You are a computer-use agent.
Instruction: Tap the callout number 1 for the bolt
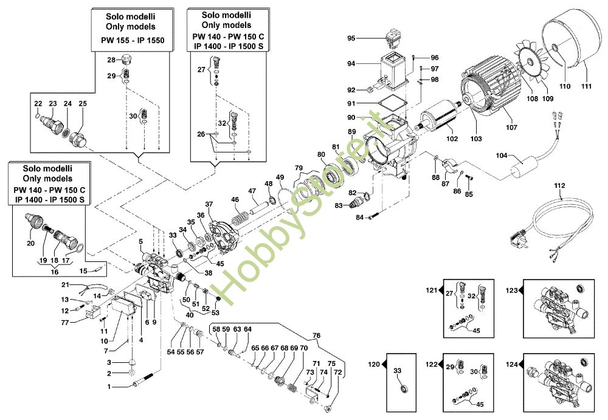tap(109, 387)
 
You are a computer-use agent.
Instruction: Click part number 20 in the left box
tap(30, 243)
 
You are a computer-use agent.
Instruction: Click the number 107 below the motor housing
tap(511, 128)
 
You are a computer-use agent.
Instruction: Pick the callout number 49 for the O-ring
tap(280, 177)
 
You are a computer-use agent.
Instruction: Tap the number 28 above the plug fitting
tap(111, 60)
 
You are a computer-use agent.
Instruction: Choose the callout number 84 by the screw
tap(359, 217)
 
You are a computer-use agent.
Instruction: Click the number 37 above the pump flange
tap(209, 204)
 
